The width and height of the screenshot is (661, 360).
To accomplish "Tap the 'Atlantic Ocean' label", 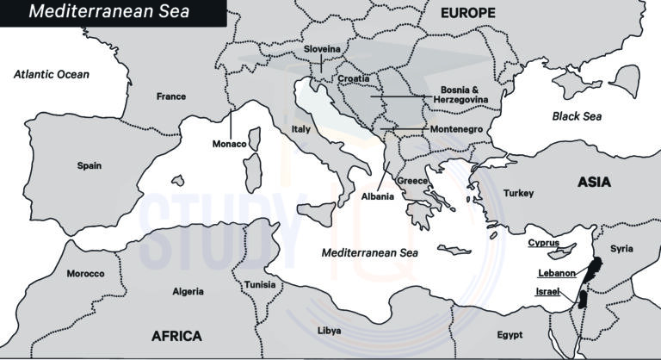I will (52, 75).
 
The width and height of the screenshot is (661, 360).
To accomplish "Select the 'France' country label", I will (170, 96).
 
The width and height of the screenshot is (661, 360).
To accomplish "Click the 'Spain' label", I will (90, 165).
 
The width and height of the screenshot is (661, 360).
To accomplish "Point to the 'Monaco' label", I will (230, 144).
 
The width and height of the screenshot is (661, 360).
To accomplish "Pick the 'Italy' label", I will (300, 128).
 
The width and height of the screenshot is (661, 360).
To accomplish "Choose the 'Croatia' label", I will (353, 79).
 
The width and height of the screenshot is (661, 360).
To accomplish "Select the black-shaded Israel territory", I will (582, 300).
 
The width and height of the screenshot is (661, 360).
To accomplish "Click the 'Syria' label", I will (621, 249).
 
